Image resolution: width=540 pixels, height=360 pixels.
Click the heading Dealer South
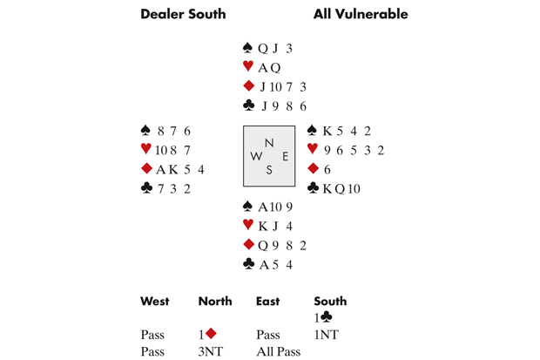point(183,14)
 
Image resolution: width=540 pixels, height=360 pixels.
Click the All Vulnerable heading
point(361,14)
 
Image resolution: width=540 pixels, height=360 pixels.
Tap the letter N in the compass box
point(269,143)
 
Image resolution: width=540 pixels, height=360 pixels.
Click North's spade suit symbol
point(248,49)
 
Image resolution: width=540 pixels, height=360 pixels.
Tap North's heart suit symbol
point(248,67)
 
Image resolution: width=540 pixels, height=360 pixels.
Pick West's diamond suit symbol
point(146,170)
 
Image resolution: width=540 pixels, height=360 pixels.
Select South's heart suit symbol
point(248,226)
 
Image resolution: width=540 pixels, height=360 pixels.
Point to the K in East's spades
point(327,132)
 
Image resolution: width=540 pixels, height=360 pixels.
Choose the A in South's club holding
point(263,264)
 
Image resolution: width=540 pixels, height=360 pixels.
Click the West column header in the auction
point(155,302)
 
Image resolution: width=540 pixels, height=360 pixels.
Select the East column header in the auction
point(268,302)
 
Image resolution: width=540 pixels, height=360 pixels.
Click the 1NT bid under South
point(327,335)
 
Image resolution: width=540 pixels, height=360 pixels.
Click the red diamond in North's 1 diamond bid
point(210,334)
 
